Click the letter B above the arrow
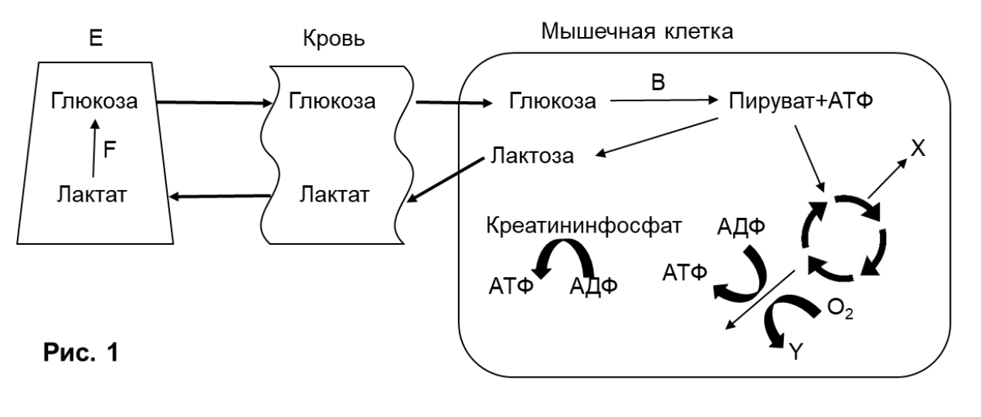tap(658, 82)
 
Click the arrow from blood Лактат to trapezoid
tap(220, 197)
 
